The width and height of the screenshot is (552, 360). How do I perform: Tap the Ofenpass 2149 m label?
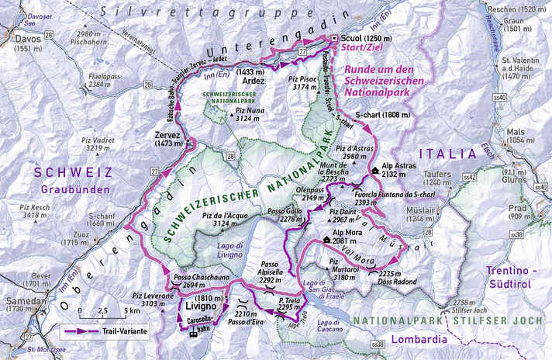(309, 194)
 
